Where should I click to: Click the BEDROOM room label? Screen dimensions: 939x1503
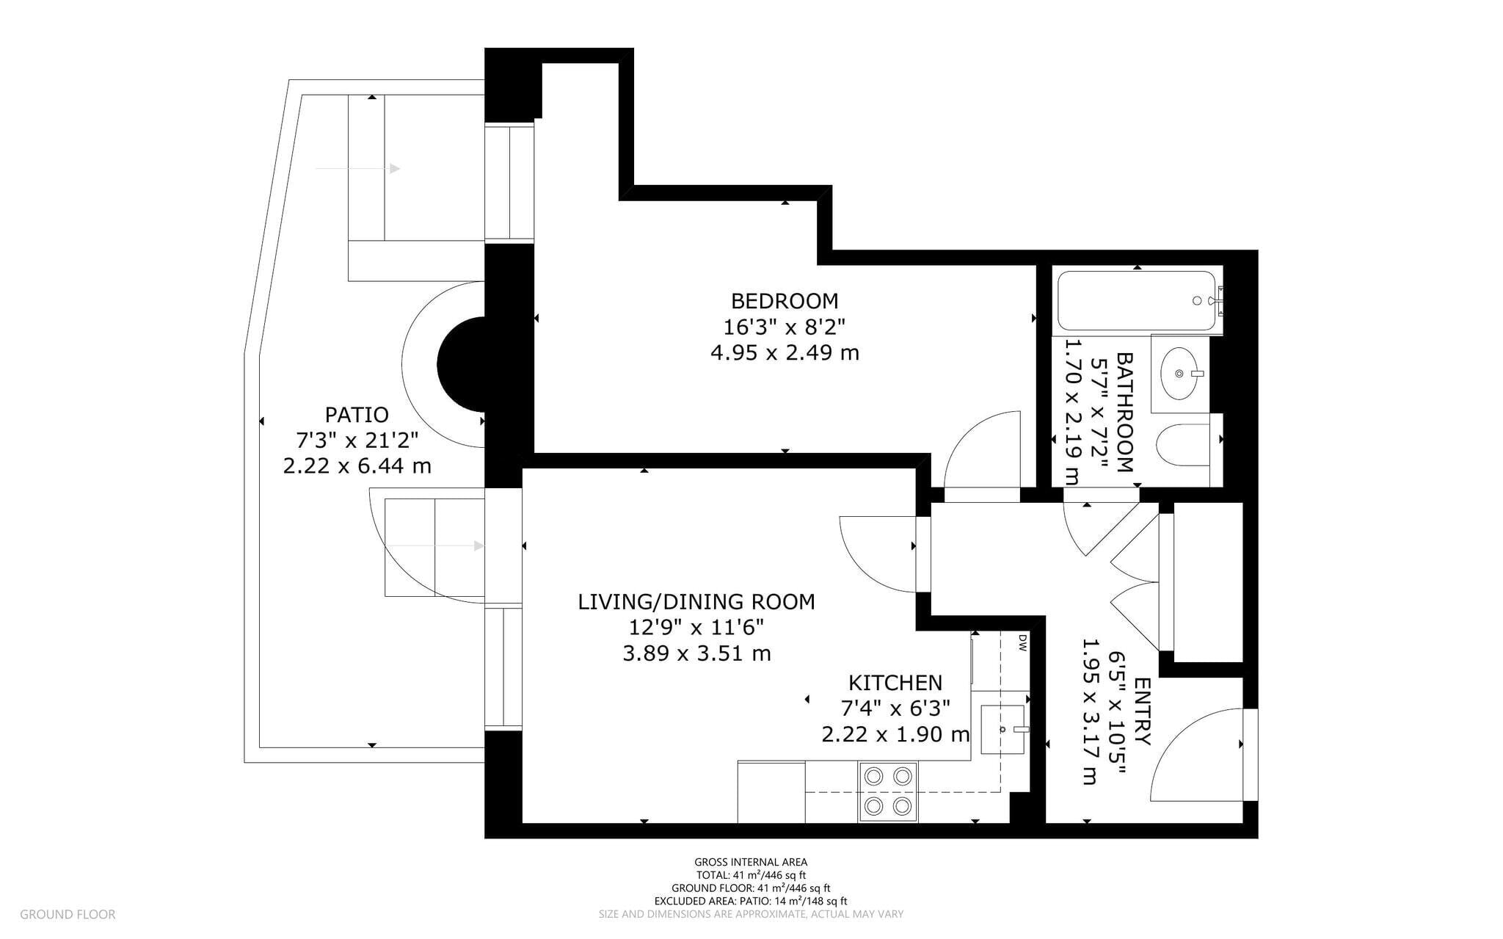click(x=784, y=301)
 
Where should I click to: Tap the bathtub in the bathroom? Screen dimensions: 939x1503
click(x=1136, y=301)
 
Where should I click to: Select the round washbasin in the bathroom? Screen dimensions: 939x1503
click(x=1179, y=374)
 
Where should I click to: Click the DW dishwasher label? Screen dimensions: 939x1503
click(x=1021, y=644)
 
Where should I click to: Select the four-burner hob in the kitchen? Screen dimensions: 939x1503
click(x=887, y=791)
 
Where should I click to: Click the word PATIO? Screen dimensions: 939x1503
click(x=357, y=415)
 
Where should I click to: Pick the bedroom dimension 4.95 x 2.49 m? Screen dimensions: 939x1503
click(x=784, y=353)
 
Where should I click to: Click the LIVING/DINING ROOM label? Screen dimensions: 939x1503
click(x=696, y=602)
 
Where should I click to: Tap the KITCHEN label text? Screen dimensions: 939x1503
click(x=895, y=683)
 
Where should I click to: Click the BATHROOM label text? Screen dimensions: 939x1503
click(x=1124, y=412)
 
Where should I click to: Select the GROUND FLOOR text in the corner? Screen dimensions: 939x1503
click(x=68, y=914)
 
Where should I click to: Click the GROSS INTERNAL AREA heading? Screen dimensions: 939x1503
click(x=750, y=862)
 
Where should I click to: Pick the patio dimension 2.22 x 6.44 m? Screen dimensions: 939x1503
click(x=357, y=466)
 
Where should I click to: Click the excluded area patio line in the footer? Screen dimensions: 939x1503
click(x=750, y=901)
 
